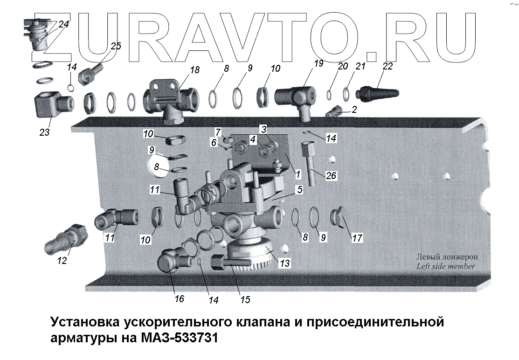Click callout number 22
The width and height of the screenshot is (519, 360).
(388, 66)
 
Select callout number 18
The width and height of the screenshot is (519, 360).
(194, 70)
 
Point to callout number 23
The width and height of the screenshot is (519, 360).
(44, 132)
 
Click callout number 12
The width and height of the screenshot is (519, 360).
(62, 261)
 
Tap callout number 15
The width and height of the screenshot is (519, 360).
(245, 300)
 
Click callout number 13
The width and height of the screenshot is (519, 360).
(284, 263)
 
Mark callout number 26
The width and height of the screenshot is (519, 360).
(331, 176)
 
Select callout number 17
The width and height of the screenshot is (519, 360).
(357, 238)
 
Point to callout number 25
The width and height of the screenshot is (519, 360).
(116, 46)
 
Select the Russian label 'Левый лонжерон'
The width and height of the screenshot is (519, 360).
(447, 257)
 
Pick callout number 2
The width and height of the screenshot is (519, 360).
(355, 110)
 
